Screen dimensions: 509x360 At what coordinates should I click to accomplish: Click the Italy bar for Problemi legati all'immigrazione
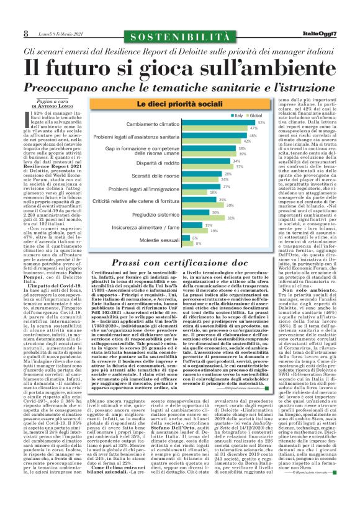(185, 187)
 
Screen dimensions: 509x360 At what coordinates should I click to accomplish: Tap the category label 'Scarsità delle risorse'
(134, 176)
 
